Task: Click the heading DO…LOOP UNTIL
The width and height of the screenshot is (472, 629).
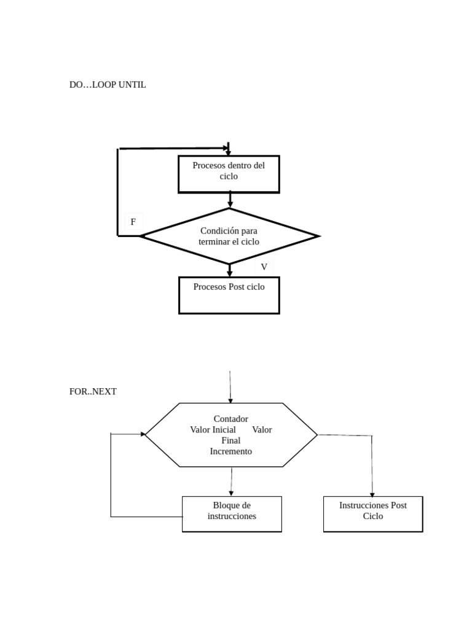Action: [x=108, y=85]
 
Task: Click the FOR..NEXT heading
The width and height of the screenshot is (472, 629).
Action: [x=93, y=391]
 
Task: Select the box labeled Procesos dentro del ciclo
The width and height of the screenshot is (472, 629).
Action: [x=229, y=174]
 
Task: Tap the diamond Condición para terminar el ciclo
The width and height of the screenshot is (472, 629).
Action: [x=229, y=236]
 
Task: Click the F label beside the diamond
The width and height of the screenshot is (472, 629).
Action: [x=133, y=222]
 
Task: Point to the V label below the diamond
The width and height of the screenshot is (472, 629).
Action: [x=264, y=267]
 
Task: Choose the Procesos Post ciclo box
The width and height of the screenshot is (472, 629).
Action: [x=229, y=295]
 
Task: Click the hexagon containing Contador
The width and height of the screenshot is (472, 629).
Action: [x=231, y=435]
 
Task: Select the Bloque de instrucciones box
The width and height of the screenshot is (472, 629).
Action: [x=232, y=514]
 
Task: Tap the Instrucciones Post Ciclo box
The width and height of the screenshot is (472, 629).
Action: [x=372, y=514]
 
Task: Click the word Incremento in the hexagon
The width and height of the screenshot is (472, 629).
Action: [x=230, y=451]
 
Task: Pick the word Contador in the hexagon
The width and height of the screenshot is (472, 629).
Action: [x=230, y=419]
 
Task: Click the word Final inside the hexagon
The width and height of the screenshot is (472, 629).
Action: [x=230, y=440]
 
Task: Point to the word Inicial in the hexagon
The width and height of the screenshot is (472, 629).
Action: [x=224, y=429]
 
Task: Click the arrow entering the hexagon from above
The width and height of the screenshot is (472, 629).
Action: [x=230, y=387]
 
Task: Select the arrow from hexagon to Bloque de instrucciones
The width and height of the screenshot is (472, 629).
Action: [x=232, y=482]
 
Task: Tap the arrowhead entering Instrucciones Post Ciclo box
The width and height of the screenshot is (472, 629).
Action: [x=372, y=494]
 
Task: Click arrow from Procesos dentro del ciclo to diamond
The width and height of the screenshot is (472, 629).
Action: [x=230, y=200]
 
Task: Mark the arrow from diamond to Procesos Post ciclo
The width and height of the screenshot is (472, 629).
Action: [x=230, y=270]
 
